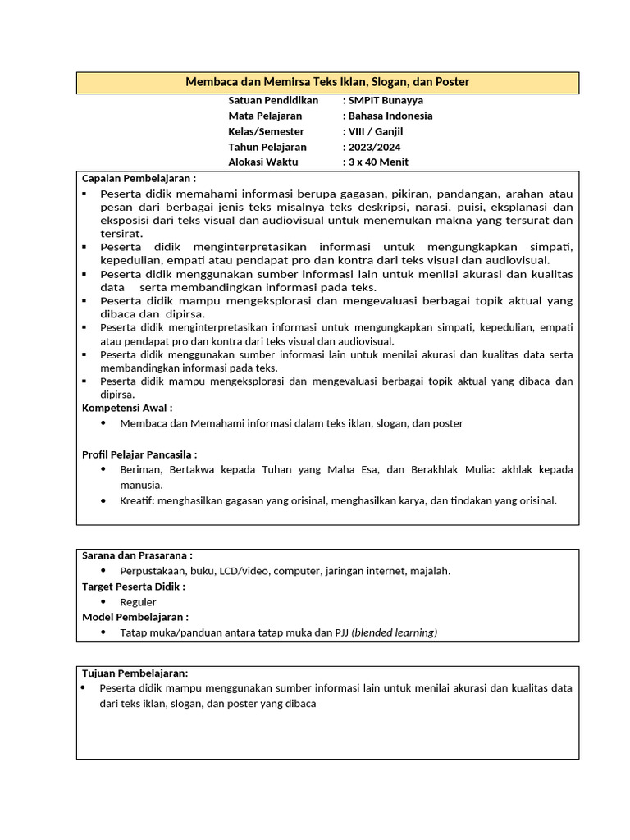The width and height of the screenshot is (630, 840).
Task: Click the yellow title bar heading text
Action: [x=327, y=83]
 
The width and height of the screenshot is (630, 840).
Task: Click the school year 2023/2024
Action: [x=376, y=147]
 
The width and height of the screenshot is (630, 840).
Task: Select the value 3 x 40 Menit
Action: [x=378, y=162]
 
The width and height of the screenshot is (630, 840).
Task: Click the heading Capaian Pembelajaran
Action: [x=139, y=178]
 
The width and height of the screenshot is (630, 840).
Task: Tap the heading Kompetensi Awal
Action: [x=127, y=408]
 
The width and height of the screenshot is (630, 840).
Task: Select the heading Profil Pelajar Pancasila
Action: [x=139, y=454]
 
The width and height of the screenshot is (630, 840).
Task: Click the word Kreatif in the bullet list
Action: [x=137, y=500]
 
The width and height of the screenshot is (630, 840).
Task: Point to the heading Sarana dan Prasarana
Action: [x=137, y=555]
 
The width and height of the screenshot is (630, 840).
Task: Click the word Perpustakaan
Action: [x=153, y=571]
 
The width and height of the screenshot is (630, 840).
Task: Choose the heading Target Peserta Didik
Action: [x=134, y=587]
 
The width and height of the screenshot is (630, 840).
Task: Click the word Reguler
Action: [x=138, y=602]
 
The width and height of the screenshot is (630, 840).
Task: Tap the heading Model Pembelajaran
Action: [x=135, y=617]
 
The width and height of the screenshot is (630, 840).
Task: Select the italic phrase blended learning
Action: [x=395, y=632]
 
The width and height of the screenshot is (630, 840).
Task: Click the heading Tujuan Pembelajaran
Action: [x=135, y=673]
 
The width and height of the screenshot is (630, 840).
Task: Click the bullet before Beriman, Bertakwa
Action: [x=103, y=469]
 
